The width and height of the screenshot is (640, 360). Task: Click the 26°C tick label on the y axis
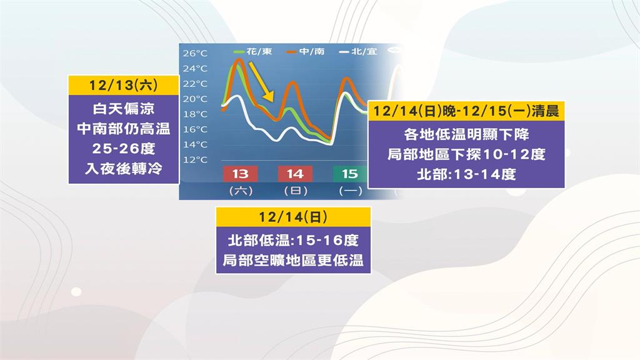pyautogui.click(x=195, y=53)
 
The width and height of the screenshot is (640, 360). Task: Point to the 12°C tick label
pyautogui.click(x=195, y=159)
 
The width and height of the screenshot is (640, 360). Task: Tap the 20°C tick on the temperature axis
pyautogui.click(x=195, y=99)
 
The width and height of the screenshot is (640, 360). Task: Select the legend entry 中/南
pyautogui.click(x=306, y=51)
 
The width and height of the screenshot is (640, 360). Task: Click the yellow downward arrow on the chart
pyautogui.click(x=262, y=81)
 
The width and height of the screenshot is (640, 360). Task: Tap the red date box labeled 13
pyautogui.click(x=240, y=174)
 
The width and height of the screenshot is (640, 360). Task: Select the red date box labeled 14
pyautogui.click(x=294, y=174)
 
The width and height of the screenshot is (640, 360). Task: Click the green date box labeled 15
pyautogui.click(x=349, y=174)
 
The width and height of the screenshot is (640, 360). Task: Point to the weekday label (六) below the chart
pyautogui.click(x=240, y=190)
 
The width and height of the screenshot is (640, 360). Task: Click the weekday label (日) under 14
pyautogui.click(x=294, y=190)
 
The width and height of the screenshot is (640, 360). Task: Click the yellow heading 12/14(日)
pyautogui.click(x=293, y=217)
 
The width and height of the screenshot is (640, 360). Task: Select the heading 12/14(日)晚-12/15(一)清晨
pyautogui.click(x=466, y=111)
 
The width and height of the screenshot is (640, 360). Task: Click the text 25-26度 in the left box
pyautogui.click(x=123, y=149)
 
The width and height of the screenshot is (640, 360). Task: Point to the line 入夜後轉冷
pyautogui.click(x=123, y=169)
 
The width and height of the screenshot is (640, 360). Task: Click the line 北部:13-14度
pyautogui.click(x=466, y=174)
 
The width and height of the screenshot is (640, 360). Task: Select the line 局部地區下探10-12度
pyautogui.click(x=466, y=154)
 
